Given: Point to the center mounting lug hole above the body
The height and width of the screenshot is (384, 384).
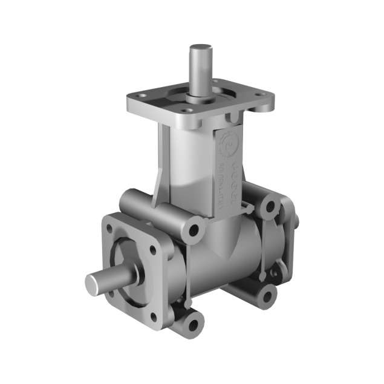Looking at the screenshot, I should click(194, 229).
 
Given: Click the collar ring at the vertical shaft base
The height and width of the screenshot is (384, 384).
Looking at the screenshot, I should click(199, 93).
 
